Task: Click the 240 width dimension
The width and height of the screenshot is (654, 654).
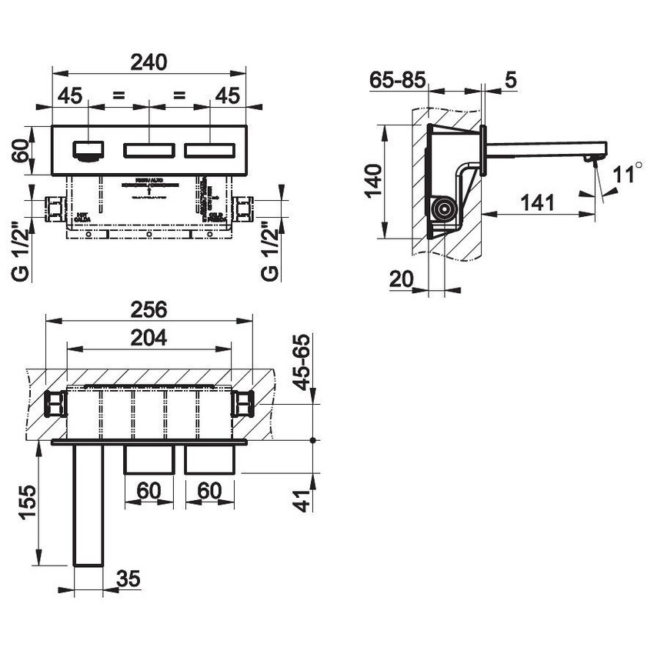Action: click(x=149, y=62)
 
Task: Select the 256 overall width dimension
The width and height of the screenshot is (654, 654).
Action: click(x=149, y=309)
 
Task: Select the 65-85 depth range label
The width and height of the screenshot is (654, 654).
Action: click(x=396, y=79)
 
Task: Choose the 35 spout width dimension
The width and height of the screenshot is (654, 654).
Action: click(x=130, y=579)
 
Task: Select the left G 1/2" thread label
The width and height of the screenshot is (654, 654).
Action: click(x=22, y=251)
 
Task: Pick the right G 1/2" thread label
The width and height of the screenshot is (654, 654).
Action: click(x=269, y=251)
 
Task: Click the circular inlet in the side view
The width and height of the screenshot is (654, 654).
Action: click(x=444, y=209)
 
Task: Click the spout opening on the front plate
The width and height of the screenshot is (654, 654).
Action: click(x=89, y=148)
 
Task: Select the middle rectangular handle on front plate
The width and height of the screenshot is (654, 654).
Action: click(x=149, y=148)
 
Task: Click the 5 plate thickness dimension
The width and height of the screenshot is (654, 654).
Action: click(x=511, y=79)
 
